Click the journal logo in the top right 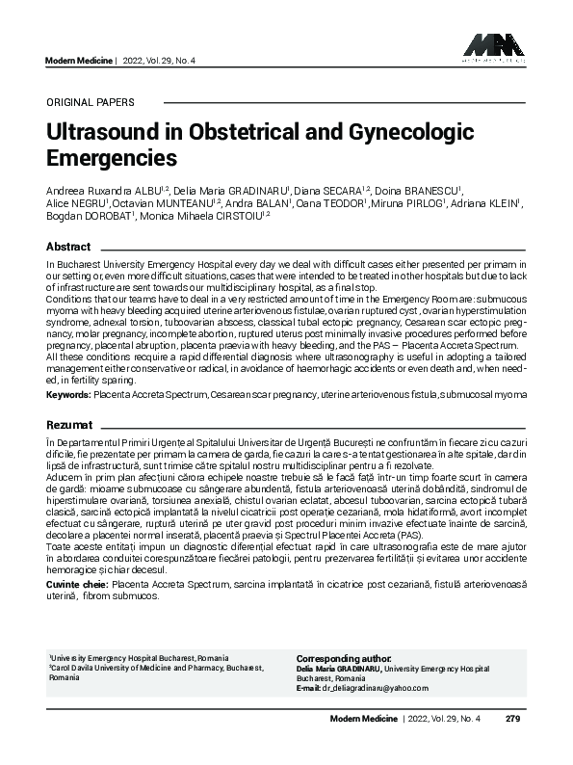pos(493,47)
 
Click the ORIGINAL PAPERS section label pos(90,102)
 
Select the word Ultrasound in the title pos(99,131)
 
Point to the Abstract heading pos(68,247)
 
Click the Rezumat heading pos(70,424)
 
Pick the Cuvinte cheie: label pos(77,584)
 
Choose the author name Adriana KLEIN pos(492,203)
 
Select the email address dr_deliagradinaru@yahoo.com pos(374,688)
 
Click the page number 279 pos(512,719)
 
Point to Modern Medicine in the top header pos(78,60)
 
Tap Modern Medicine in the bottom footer pos(362,719)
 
